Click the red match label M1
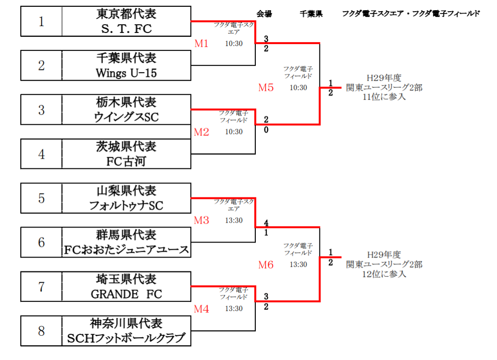pyautogui.click(x=201, y=43)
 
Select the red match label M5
pyautogui.click(x=265, y=87)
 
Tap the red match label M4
pyautogui.click(x=201, y=309)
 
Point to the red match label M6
pyautogui.click(x=265, y=264)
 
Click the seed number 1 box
pyautogui.click(x=41, y=21)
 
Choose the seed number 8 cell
pyautogui.click(x=41, y=331)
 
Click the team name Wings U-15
pyautogui.click(x=126, y=73)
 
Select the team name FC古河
pyautogui.click(x=126, y=161)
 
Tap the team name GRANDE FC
pyautogui.click(x=126, y=294)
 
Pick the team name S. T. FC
pyautogui.click(x=126, y=29)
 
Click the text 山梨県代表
pyautogui.click(x=126, y=191)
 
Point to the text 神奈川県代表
pyautogui.click(x=126, y=324)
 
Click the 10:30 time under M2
pyautogui.click(x=234, y=132)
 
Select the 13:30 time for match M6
pyautogui.click(x=298, y=264)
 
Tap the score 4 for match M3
pyautogui.click(x=266, y=223)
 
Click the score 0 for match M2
pyautogui.click(x=266, y=130)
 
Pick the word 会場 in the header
pyautogui.click(x=264, y=14)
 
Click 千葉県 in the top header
pyautogui.click(x=311, y=14)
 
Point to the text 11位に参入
pyautogui.click(x=384, y=97)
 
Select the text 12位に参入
pyautogui.click(x=384, y=274)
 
